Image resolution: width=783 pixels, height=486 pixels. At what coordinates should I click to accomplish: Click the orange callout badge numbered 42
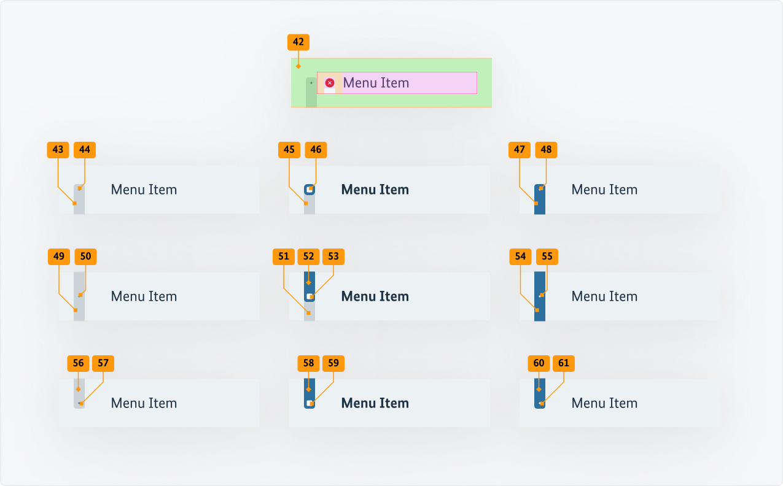click(298, 42)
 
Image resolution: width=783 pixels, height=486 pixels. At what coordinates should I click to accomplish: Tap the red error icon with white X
click(330, 83)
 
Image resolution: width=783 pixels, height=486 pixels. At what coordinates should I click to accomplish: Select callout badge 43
click(58, 150)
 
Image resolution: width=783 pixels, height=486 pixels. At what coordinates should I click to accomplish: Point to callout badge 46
click(316, 150)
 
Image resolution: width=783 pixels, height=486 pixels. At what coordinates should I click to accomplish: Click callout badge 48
click(546, 150)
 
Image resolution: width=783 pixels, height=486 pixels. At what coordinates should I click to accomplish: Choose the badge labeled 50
click(85, 256)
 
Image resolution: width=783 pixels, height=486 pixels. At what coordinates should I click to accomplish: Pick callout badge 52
click(308, 256)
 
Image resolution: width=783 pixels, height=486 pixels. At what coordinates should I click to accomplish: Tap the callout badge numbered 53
click(333, 256)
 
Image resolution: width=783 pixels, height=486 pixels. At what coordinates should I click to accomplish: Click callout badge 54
click(520, 256)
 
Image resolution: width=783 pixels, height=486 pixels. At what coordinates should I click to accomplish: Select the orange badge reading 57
click(103, 363)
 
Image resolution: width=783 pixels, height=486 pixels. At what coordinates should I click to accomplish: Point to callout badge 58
click(308, 363)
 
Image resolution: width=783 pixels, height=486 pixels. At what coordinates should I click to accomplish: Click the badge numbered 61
click(563, 363)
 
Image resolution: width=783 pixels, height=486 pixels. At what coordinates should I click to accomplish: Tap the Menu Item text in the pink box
click(376, 83)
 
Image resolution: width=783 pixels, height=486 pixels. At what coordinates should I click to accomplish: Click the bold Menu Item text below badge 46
click(375, 190)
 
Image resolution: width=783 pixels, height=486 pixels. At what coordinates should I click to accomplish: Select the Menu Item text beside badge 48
click(604, 190)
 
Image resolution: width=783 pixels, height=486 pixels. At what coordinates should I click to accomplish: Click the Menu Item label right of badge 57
click(144, 403)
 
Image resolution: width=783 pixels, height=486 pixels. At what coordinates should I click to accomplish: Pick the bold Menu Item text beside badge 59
click(375, 403)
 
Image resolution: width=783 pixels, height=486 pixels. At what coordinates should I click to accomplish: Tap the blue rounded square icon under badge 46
click(310, 190)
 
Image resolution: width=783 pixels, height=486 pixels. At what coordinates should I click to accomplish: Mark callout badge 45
click(289, 150)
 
